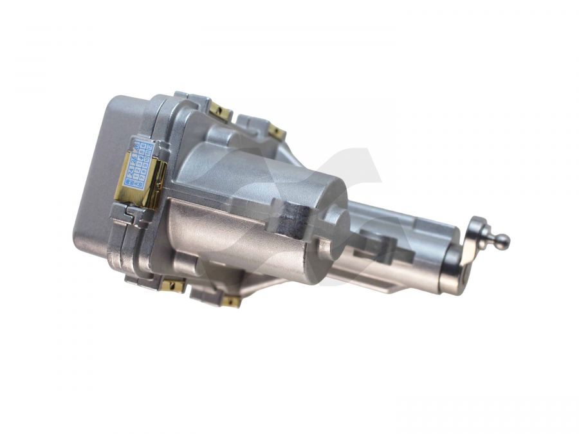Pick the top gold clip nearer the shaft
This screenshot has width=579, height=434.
(x=276, y=132)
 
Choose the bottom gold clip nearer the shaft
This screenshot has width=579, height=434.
(x=230, y=300)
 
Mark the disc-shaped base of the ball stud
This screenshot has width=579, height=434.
(x=479, y=230)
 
